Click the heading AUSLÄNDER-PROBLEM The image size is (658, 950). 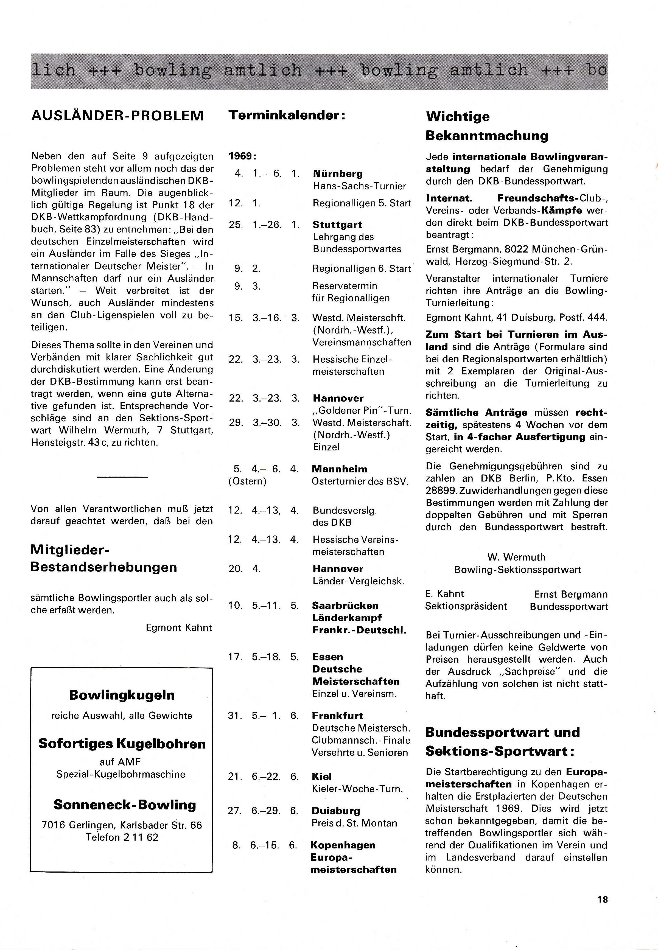[117, 115]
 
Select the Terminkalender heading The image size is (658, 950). [287, 115]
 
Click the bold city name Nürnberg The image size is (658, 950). [338, 173]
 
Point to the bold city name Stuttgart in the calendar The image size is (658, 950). [337, 225]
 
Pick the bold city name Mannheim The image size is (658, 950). [339, 469]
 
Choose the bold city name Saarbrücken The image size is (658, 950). [345, 606]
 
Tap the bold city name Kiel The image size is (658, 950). [321, 777]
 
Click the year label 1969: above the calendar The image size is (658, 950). [242, 157]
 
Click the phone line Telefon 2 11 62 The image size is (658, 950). [122, 837]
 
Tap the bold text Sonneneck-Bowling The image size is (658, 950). [125, 805]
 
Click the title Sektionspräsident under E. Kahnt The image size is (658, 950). [466, 606]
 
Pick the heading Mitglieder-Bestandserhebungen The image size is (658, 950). [104, 558]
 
